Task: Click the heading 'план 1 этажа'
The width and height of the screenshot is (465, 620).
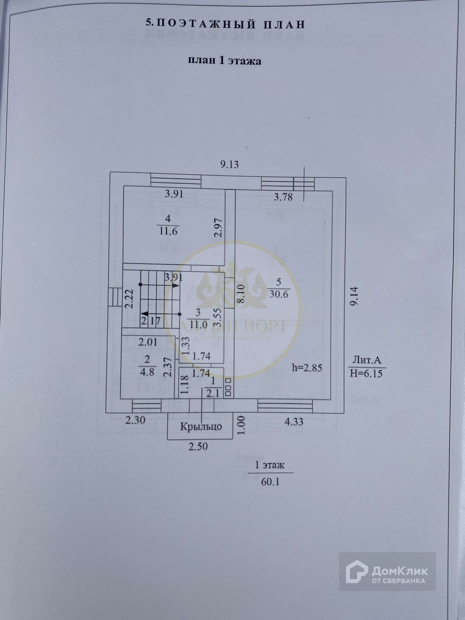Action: (x=224, y=61)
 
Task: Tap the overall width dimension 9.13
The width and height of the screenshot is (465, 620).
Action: (x=229, y=164)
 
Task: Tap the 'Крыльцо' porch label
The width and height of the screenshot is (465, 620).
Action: (x=201, y=427)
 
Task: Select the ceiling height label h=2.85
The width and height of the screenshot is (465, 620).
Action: (x=307, y=368)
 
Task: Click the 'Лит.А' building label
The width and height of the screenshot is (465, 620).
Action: (x=367, y=360)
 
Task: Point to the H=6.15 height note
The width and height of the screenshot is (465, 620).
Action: (x=367, y=373)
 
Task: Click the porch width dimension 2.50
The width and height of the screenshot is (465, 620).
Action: (x=198, y=446)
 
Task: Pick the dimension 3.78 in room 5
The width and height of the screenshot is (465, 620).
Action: (x=283, y=197)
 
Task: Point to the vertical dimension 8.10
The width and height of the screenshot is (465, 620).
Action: (x=241, y=294)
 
